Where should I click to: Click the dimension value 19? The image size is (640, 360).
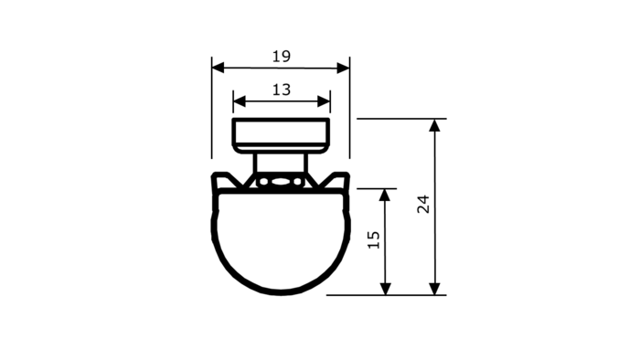[x=282, y=57]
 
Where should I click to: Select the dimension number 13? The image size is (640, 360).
[x=282, y=90]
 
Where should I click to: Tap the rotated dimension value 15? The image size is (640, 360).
[x=374, y=239]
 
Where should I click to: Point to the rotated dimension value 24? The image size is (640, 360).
[x=423, y=204]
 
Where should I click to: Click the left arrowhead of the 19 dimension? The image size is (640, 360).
[x=218, y=69]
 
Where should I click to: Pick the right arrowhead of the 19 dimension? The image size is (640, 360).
[x=343, y=69]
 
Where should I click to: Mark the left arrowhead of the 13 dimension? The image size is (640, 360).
[x=240, y=101]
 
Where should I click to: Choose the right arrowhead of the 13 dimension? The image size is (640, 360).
[x=324, y=101]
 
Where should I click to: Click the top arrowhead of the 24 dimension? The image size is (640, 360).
[x=434, y=125]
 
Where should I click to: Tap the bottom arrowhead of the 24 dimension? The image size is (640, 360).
[x=434, y=289]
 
